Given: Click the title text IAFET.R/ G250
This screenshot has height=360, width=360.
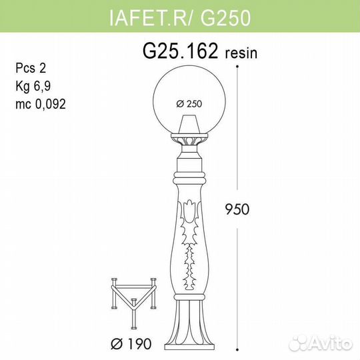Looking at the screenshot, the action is [x=180, y=18].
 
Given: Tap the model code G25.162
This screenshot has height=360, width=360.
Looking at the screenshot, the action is [x=180, y=51].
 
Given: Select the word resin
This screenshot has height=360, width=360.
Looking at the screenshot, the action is [x=241, y=53].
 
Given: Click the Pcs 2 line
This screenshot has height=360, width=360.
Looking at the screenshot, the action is [x=31, y=68].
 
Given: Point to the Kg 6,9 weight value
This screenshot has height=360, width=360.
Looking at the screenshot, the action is [x=33, y=86].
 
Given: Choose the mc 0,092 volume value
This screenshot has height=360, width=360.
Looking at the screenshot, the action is [x=41, y=104].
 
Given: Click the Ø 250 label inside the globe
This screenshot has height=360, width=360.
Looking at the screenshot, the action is [x=189, y=104].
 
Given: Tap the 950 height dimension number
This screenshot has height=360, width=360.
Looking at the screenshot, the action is [x=237, y=209].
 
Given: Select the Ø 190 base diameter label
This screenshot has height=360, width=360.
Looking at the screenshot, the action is [x=131, y=344].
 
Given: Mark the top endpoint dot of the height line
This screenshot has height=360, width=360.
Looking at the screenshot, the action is [x=237, y=67].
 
